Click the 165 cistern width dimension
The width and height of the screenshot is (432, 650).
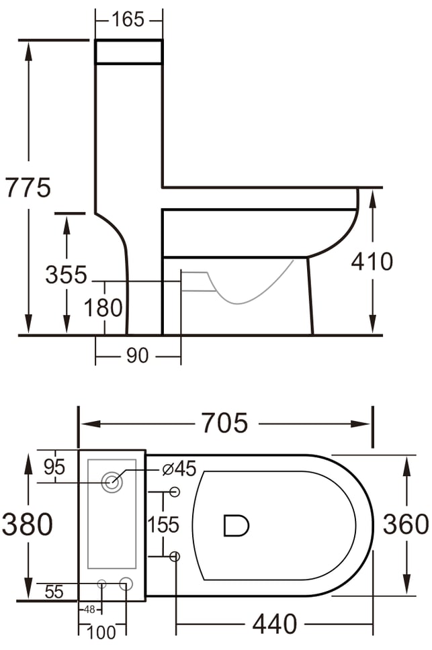pos(128,19)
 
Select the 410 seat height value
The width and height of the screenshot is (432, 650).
pos(372,262)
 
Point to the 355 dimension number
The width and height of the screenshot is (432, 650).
pos(67,275)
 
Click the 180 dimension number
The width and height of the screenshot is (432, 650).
pos(103,308)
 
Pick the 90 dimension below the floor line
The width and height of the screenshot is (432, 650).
pos(137,356)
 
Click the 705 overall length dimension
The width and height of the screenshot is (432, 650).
pos(224,423)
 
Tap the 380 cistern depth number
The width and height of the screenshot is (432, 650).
pos(28,524)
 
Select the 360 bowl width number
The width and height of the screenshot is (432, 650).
pos(406,524)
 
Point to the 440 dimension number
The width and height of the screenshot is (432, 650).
pos(275,624)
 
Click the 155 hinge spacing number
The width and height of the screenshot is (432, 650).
pos(163,525)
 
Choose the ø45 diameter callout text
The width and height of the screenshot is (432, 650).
pos(179,469)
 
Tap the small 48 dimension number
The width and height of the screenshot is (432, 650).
pos(89,610)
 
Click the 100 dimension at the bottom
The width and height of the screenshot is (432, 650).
pos(101,633)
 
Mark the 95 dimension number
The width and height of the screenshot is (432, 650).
pos(54,467)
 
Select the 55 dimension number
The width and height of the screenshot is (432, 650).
pos(54,592)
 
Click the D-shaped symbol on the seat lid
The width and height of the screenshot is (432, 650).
pos(236,526)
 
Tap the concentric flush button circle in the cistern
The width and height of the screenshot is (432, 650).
pos(112,482)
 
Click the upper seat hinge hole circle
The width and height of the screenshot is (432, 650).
pos(175,492)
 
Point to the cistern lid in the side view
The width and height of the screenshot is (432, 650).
pos(129,52)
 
